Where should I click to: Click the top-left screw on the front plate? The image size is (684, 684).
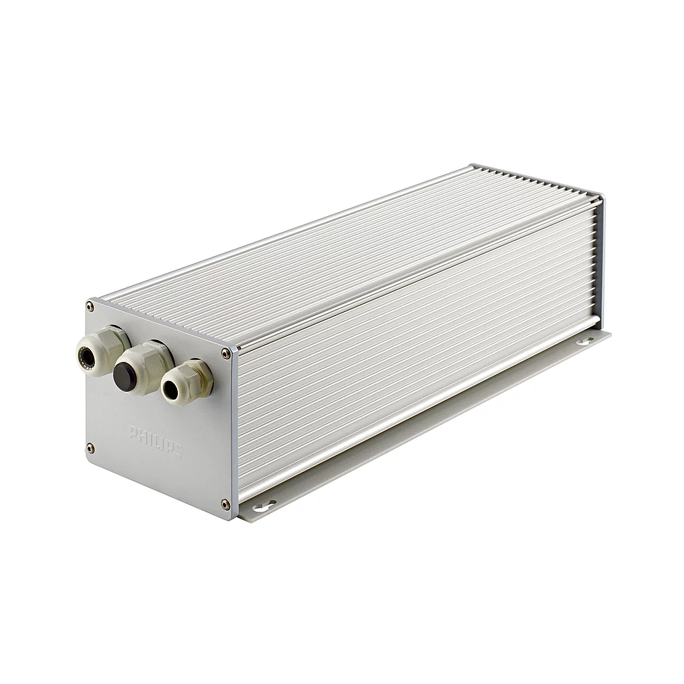tap(90, 306)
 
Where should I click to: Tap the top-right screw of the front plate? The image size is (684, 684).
tap(226, 354)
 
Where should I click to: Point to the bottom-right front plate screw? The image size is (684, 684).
tap(225, 505)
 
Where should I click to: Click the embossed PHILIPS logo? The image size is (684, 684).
tap(155, 440)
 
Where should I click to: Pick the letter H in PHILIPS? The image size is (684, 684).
tap(142, 435)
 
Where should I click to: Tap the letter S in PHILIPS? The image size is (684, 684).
tap(178, 451)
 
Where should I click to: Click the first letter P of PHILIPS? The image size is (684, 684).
tap(132, 431)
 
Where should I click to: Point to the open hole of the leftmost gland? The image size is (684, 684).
tap(86, 357)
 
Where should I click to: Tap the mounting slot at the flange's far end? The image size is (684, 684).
tap(585, 340)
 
